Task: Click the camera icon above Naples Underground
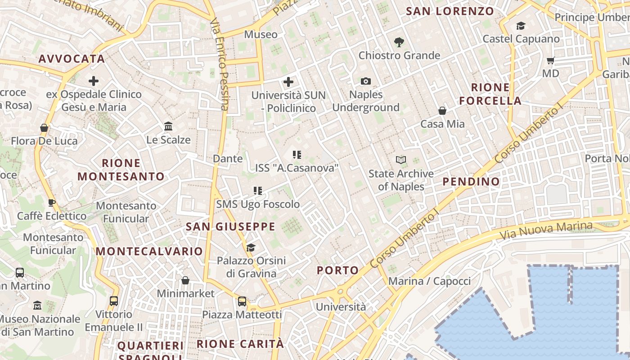(x=366, y=81)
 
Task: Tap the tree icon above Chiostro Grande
(x=399, y=42)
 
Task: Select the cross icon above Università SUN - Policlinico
(x=288, y=82)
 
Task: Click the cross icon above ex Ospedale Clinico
(x=94, y=81)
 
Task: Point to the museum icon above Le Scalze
(x=168, y=126)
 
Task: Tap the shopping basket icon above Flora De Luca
(x=44, y=128)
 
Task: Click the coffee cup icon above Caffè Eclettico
(x=52, y=202)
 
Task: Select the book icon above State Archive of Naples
(x=401, y=160)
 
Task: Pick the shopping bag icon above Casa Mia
(x=442, y=111)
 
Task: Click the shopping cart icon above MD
(x=550, y=60)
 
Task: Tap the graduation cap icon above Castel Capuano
(x=521, y=26)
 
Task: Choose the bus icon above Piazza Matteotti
(x=242, y=301)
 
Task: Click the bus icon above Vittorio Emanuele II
(x=114, y=301)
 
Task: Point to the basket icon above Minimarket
(x=185, y=280)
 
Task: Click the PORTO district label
(x=338, y=270)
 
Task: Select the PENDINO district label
(x=471, y=182)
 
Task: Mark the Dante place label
(x=228, y=158)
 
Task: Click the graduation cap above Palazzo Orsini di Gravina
(x=251, y=247)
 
